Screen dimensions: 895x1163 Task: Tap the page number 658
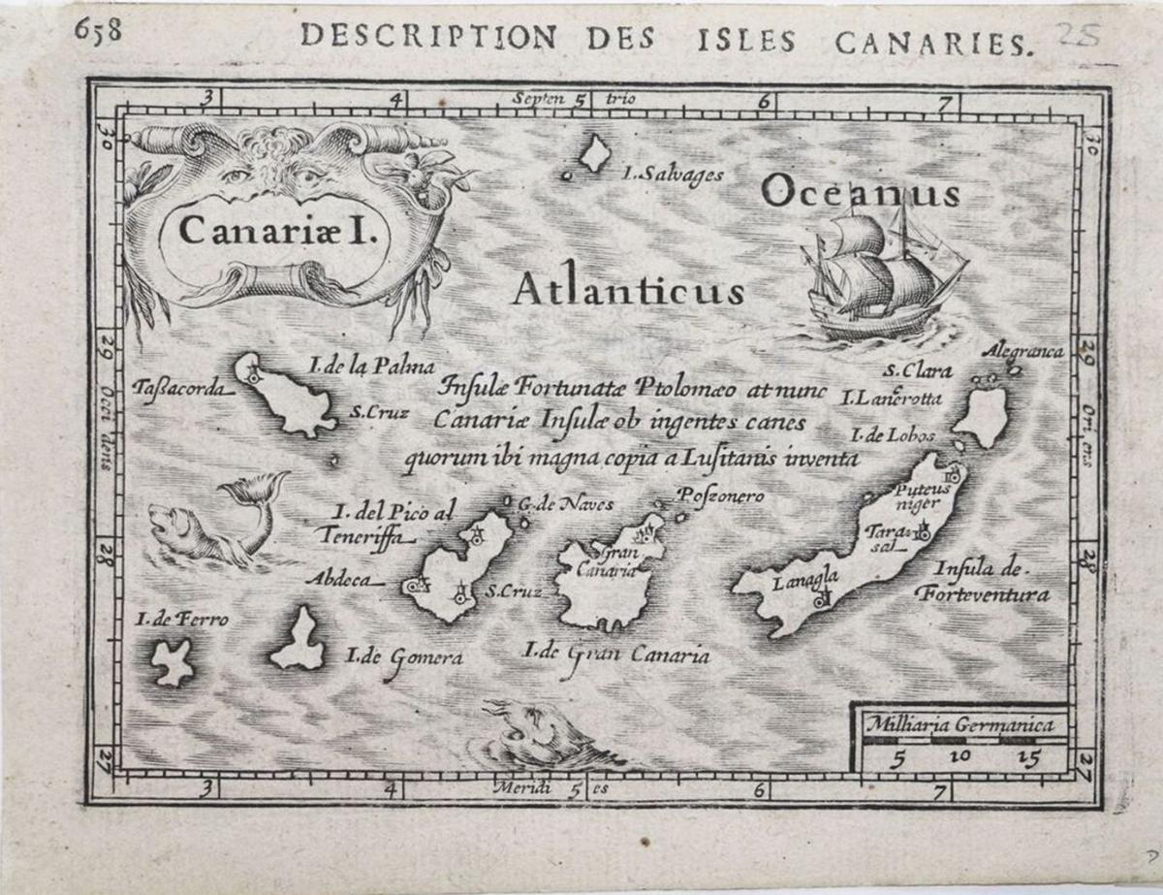98,31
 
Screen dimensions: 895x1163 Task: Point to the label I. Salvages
674,176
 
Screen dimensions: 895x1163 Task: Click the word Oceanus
860,191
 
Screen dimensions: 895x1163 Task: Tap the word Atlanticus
628,288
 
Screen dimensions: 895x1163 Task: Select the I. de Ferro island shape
173,663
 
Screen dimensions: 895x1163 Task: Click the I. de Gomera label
404,658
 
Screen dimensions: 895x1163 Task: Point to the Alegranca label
1022,351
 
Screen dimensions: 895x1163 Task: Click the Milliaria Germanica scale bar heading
959,723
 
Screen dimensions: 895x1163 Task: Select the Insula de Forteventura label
981,582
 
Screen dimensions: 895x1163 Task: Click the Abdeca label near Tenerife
338,579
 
